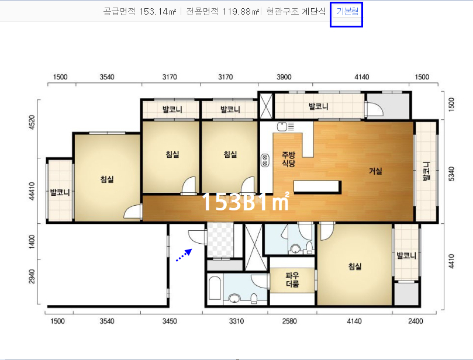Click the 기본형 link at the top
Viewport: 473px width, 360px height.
347,12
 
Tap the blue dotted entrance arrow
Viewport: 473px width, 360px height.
184,255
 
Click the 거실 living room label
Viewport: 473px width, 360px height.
375,171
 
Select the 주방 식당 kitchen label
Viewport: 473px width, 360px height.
288,159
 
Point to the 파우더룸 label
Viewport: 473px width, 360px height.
292,279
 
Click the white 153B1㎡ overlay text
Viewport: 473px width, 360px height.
246,202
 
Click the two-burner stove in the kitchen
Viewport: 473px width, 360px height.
265,160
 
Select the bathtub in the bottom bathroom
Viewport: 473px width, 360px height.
215,288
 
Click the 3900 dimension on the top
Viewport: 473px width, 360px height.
284,77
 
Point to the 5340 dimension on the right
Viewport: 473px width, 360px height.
451,174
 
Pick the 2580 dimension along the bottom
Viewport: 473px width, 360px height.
289,321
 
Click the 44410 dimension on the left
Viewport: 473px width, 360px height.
32,192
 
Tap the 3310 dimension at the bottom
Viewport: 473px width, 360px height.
236,321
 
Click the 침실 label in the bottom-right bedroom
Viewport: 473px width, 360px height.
355,266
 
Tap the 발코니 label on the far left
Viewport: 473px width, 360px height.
60,192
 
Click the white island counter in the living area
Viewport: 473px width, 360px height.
317,186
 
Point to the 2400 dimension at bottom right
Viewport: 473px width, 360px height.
415,321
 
